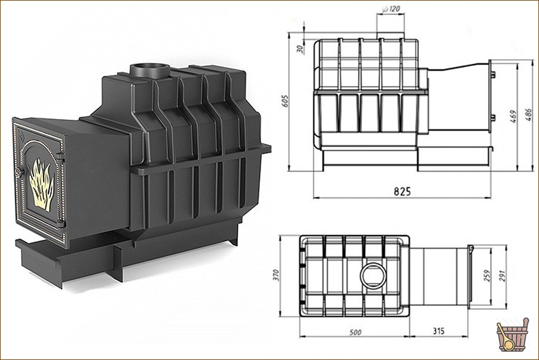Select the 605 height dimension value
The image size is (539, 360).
(285, 100)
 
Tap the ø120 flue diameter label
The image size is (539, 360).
(391, 8)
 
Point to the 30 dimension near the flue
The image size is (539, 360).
(300, 49)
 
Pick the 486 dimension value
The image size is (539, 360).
(529, 115)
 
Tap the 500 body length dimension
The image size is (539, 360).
(355, 332)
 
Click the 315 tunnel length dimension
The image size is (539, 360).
(438, 331)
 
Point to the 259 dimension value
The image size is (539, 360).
(487, 275)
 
